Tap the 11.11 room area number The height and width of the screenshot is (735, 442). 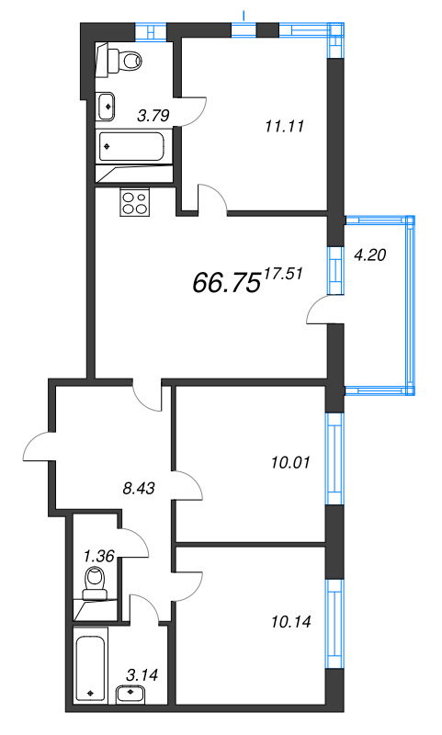[283, 130]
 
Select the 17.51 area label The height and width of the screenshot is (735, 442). [283, 272]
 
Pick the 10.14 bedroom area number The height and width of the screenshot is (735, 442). [292, 622]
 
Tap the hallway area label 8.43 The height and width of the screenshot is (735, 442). [138, 488]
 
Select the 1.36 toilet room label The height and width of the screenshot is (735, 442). [99, 555]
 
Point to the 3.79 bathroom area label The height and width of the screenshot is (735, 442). [153, 116]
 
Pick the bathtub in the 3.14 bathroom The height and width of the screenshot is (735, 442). [91, 666]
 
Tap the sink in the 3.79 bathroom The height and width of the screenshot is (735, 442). [108, 106]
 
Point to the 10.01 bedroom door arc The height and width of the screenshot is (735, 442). [188, 487]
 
